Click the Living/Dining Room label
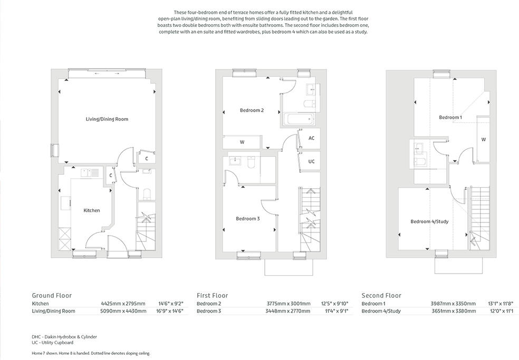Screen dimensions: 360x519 pyautogui.click(x=107, y=119)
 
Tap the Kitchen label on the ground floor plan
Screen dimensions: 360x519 pyautogui.click(x=92, y=210)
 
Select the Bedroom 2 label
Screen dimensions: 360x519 pyautogui.click(x=251, y=110)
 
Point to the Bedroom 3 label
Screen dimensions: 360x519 pyautogui.click(x=247, y=219)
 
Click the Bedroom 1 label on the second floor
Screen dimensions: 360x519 pyautogui.click(x=450, y=117)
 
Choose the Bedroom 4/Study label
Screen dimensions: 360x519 pyautogui.click(x=429, y=221)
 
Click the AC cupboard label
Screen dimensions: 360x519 pyautogui.click(x=311, y=138)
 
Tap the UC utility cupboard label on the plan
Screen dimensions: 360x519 pyautogui.click(x=311, y=161)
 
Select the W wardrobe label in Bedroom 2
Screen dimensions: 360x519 pyautogui.click(x=242, y=142)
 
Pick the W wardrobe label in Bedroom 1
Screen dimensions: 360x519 pyautogui.click(x=483, y=139)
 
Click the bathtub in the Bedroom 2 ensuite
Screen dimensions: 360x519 pyautogui.click(x=299, y=119)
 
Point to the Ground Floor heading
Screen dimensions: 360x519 pyautogui.click(x=52, y=296)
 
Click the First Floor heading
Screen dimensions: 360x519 pyautogui.click(x=213, y=296)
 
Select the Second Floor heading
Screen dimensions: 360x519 pyautogui.click(x=381, y=296)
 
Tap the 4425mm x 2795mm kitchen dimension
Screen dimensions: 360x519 pyautogui.click(x=122, y=304)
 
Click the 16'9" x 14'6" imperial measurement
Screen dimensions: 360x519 pyautogui.click(x=170, y=311)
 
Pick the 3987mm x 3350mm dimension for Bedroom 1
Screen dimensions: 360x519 pyautogui.click(x=453, y=304)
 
